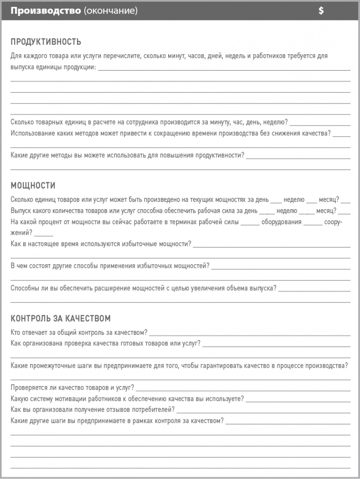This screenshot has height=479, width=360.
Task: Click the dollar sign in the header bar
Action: pos(321,11)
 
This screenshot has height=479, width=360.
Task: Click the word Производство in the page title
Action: pos(46,11)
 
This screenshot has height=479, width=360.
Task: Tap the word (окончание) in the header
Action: pos(111,11)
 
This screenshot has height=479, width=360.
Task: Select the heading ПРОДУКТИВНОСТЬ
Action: pos(46,42)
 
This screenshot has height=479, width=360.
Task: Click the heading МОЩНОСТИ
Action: pos(33,185)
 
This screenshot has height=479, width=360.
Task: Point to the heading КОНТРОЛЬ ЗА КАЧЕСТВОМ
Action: pos(60,318)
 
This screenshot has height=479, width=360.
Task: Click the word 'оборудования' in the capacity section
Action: pos(281,222)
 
